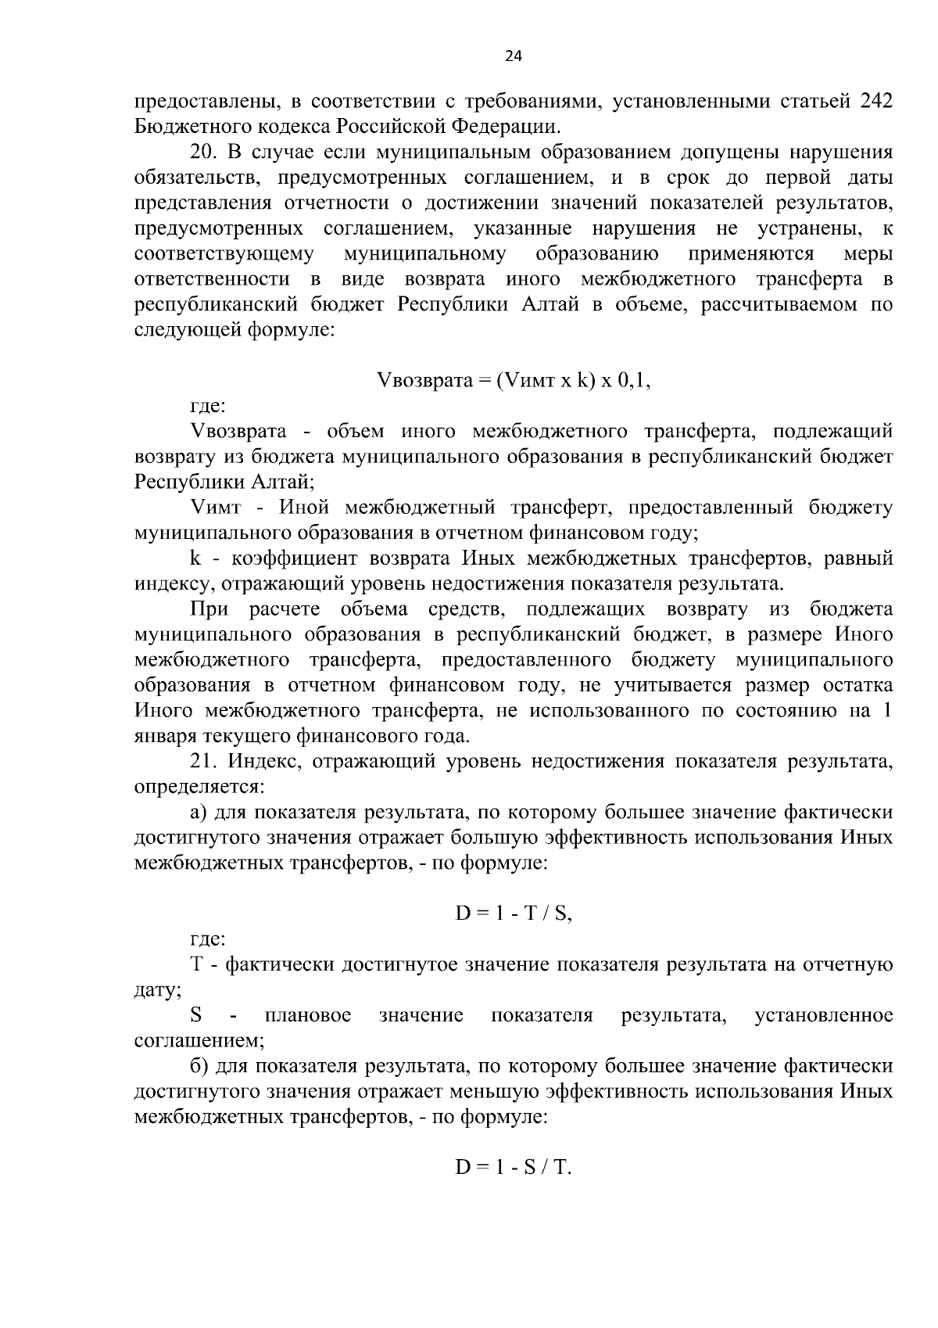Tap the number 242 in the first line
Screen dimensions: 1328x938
pos(870,102)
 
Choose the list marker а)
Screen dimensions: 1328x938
pos(198,813)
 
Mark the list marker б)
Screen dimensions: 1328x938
pos(198,1067)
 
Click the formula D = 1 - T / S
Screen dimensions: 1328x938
pos(514,913)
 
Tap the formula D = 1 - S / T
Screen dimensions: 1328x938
pos(514,1168)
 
